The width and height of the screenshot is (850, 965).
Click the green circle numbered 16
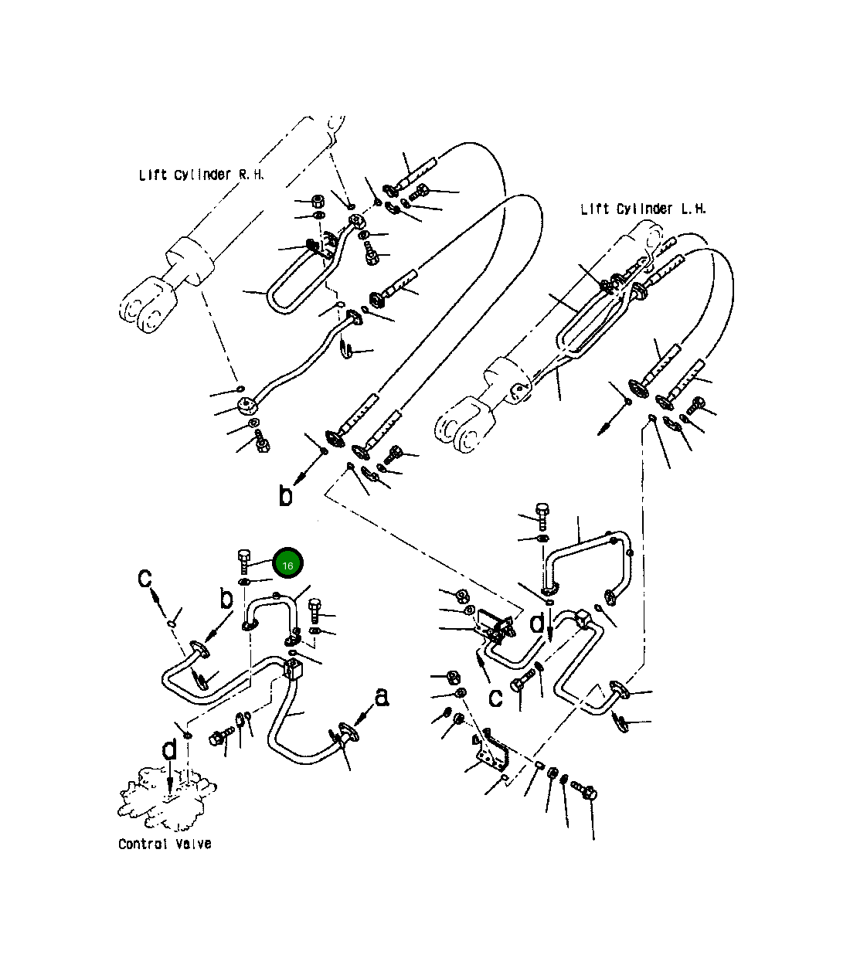tap(287, 562)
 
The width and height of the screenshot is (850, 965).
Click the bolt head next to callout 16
tap(243, 556)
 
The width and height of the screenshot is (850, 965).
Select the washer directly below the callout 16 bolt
tap(243, 582)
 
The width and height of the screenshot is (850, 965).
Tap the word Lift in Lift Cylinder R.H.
tap(153, 175)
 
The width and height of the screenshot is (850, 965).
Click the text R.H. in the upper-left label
tap(251, 175)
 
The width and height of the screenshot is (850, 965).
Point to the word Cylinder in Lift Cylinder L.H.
tap(644, 209)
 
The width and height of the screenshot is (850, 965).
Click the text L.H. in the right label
tap(693, 209)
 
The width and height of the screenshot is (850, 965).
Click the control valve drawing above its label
tap(166, 798)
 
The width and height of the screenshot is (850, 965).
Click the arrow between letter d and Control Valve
tap(170, 778)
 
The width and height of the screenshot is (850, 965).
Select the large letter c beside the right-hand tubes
tap(495, 698)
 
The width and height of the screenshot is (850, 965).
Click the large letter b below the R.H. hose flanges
tap(285, 495)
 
